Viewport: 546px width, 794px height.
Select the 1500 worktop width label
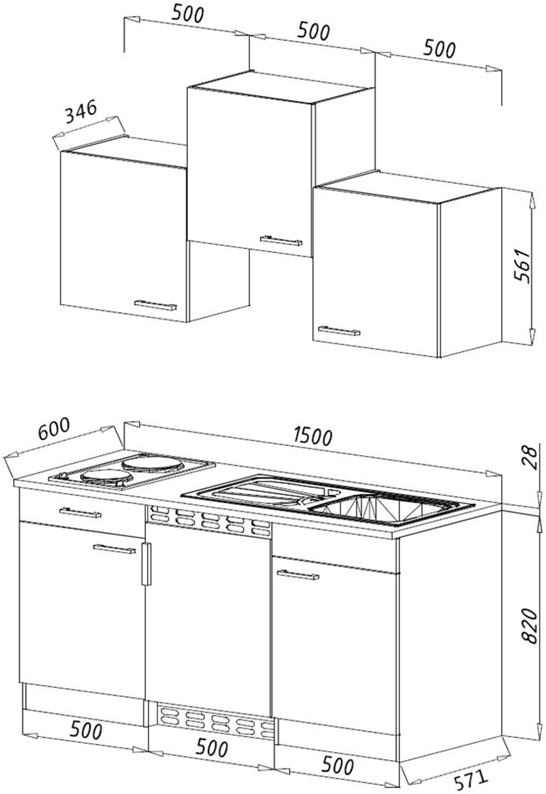313,436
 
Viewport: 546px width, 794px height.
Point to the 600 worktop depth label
54,429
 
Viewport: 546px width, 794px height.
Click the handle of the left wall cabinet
155,305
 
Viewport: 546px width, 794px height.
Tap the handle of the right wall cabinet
339,331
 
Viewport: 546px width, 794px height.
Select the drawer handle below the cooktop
80,512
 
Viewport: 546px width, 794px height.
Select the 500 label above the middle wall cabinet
313,31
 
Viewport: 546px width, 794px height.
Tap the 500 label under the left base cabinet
85,731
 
